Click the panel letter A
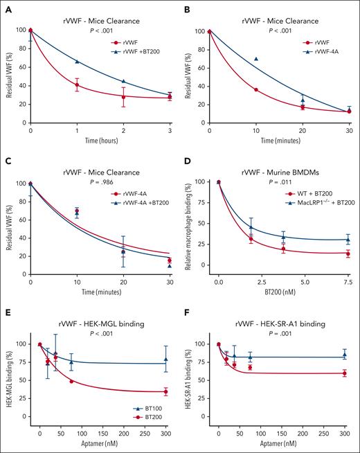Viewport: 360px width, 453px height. (x=8, y=8)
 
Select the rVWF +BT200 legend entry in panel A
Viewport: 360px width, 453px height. (x=127, y=51)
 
